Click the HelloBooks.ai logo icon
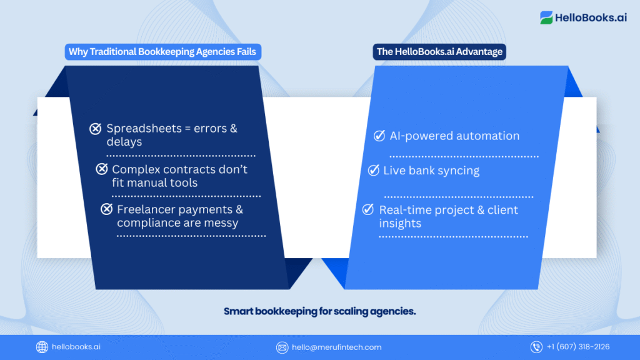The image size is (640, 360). tap(546, 17)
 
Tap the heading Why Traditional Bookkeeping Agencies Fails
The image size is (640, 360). tap(162, 52)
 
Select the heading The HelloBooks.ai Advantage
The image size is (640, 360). tap(439, 52)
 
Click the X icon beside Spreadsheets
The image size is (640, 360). tap(96, 129)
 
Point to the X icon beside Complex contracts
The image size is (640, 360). tap(102, 169)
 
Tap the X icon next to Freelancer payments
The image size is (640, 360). tap(106, 209)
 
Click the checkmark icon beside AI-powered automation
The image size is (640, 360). tap(379, 136)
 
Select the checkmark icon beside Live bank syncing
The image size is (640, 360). tap(374, 170)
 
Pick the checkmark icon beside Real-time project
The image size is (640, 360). tap(368, 209)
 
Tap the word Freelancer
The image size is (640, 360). tap(146, 209)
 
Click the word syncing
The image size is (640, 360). tap(459, 171)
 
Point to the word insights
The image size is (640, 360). tap(400, 224)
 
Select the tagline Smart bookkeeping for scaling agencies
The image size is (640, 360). tap(319, 311)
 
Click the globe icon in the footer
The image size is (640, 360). tap(42, 347)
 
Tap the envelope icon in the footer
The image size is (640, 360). tap(282, 347)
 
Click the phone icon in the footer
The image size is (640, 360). tap(536, 347)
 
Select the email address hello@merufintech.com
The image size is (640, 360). tap(337, 347)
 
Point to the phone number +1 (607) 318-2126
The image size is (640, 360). tap(578, 347)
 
